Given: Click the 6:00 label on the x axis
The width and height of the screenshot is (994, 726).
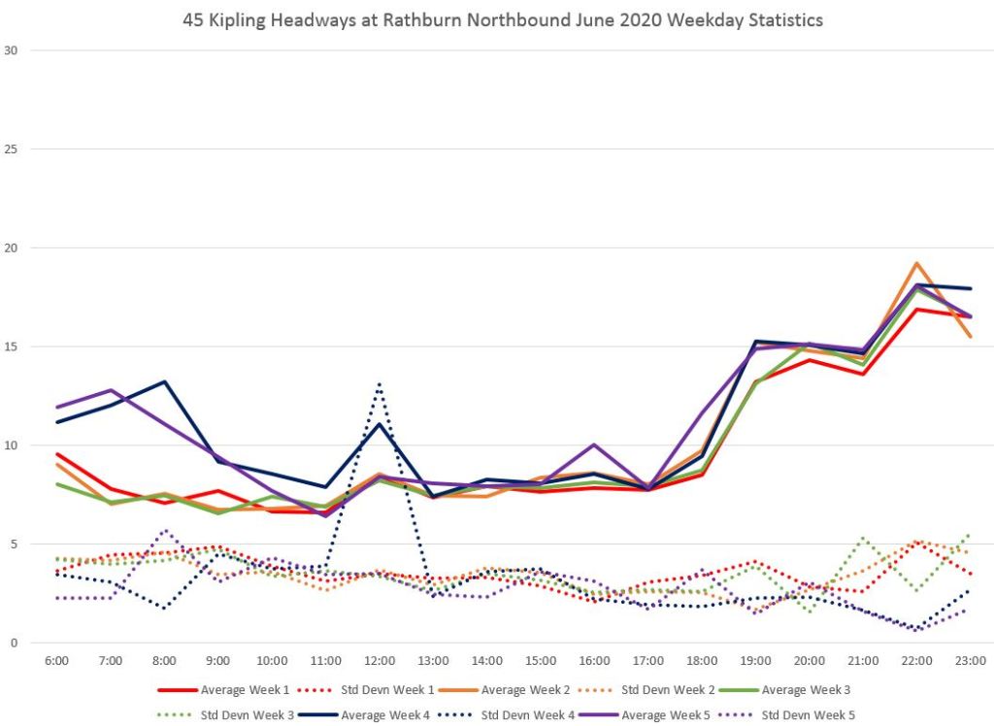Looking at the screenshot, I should coord(57,661).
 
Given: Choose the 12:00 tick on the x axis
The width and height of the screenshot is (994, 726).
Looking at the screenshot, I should coord(380,661).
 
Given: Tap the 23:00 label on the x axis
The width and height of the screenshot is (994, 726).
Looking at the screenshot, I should coord(970,661).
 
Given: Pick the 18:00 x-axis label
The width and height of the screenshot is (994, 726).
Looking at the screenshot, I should coord(701,661).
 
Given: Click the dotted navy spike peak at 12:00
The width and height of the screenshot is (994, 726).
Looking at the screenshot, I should coord(380,383).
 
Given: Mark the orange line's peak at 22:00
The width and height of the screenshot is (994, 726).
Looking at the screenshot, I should coord(916,263).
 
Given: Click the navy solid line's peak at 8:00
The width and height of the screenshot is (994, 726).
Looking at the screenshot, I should coord(165,381).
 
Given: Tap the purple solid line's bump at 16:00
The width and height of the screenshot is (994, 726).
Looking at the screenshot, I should coord(594,445).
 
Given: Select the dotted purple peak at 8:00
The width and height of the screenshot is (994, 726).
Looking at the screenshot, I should coord(165,531).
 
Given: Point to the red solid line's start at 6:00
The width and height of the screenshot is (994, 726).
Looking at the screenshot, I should coord(57,454).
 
